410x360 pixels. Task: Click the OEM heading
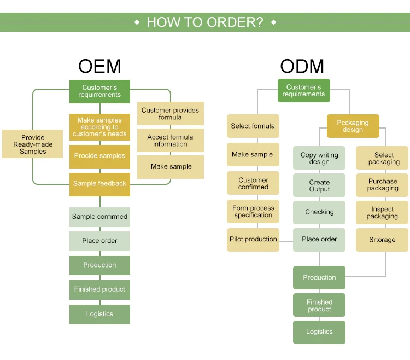[x=99, y=66]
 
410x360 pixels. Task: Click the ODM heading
[x=302, y=66]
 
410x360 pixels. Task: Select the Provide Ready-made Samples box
[x=33, y=144]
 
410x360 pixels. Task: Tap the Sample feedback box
[x=99, y=184]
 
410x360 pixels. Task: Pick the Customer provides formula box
[x=170, y=114]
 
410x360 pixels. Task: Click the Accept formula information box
[x=170, y=141]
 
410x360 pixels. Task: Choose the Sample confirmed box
[x=99, y=217]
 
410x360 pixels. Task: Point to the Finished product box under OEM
[x=99, y=289]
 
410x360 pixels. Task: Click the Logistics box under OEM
[x=99, y=314]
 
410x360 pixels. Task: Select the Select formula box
[x=253, y=126]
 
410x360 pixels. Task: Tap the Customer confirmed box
[x=253, y=183]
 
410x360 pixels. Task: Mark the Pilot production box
[x=253, y=240]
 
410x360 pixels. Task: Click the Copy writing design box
[x=319, y=158]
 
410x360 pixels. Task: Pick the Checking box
[x=319, y=212]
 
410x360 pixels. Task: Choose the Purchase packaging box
[x=383, y=185]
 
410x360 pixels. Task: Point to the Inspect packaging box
[x=383, y=213]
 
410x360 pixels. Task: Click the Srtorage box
[x=382, y=240]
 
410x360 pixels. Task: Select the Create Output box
[x=319, y=185]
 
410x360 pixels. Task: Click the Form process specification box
[x=253, y=212]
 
